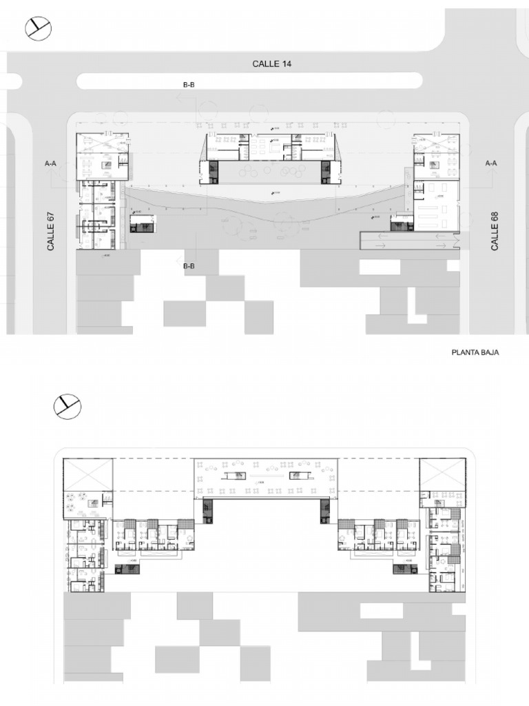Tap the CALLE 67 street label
coord(51,231)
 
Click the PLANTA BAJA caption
coord(475,352)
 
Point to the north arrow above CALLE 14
coord(38,28)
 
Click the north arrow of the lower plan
coord(68,407)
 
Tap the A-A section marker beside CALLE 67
coord(50,164)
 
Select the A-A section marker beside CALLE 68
coord(491,163)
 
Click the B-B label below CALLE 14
coord(188,85)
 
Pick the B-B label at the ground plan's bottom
coord(188,265)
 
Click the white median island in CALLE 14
coord(249,81)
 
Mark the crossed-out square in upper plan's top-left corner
coord(87,475)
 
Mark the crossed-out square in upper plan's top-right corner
coord(443,474)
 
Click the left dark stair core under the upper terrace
coord(207,511)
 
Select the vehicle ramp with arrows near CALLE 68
coord(410,240)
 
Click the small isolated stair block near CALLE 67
coord(143,223)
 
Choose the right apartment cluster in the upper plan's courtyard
coord(378,535)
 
